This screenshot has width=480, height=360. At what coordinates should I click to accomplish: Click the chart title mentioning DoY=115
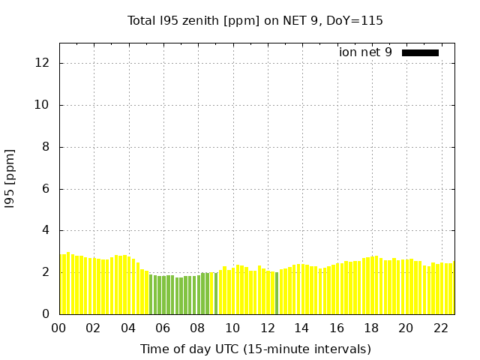click(x=255, y=21)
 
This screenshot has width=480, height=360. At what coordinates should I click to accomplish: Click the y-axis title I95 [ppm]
click(x=10, y=178)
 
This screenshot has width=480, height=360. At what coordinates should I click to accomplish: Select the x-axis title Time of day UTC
click(x=255, y=349)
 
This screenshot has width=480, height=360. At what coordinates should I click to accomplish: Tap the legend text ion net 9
click(x=365, y=52)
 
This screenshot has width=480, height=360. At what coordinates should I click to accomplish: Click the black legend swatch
click(x=420, y=52)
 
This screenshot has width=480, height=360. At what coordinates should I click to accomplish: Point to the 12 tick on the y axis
click(x=43, y=63)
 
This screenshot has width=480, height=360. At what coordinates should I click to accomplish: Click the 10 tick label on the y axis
click(x=43, y=105)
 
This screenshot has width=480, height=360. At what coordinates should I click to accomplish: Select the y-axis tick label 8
click(x=46, y=147)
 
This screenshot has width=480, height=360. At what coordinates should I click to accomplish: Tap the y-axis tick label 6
click(x=46, y=189)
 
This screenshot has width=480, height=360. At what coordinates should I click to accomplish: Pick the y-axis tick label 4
click(x=46, y=230)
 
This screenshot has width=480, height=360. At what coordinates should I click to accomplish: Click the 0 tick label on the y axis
click(x=46, y=314)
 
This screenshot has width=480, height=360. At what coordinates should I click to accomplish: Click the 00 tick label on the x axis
click(x=58, y=328)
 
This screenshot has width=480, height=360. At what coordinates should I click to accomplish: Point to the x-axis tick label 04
click(x=128, y=328)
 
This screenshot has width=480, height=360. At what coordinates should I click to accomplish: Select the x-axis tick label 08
click(x=197, y=328)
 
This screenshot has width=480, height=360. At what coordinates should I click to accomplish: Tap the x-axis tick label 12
click(x=267, y=328)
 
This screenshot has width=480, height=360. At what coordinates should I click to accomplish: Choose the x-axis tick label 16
click(x=336, y=328)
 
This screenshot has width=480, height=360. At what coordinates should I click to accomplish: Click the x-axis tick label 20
click(x=406, y=328)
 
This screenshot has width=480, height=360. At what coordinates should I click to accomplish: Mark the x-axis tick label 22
click(x=440, y=328)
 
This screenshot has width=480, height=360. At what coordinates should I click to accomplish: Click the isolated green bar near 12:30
click(x=277, y=293)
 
